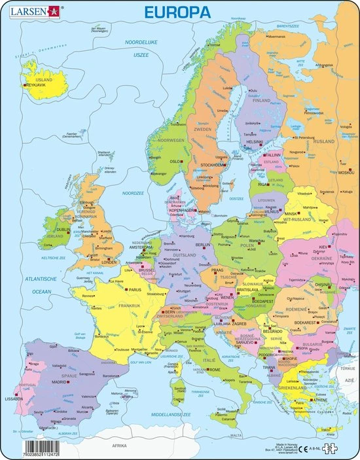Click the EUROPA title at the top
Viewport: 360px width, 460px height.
(179, 12)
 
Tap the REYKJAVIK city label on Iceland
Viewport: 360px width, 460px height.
(39, 85)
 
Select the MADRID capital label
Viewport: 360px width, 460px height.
(60, 381)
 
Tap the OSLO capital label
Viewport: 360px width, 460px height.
(174, 161)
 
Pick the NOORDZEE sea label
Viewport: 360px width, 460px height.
(132, 193)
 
